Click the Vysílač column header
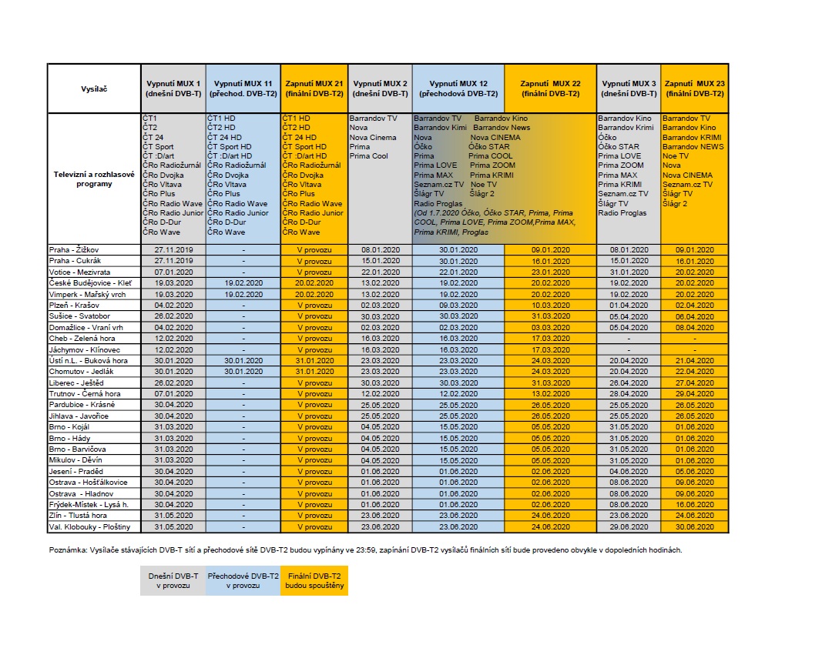click(94, 89)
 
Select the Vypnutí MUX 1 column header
click(173, 89)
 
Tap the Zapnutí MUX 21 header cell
click(314, 89)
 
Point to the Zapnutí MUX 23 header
click(693, 89)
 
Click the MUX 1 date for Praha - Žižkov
click(173, 250)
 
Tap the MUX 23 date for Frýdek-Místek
click(693, 504)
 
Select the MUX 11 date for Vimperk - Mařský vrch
click(243, 294)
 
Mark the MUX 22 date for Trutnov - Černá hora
click(550, 393)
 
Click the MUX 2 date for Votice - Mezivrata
click(380, 272)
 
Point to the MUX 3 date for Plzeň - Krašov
click(629, 305)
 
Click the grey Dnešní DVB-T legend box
click(173, 580)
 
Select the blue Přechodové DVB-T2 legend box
click(243, 580)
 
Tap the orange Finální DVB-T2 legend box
click(314, 580)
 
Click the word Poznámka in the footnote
click(67, 549)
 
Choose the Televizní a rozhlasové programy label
click(94, 179)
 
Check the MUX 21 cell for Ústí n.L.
click(314, 360)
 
